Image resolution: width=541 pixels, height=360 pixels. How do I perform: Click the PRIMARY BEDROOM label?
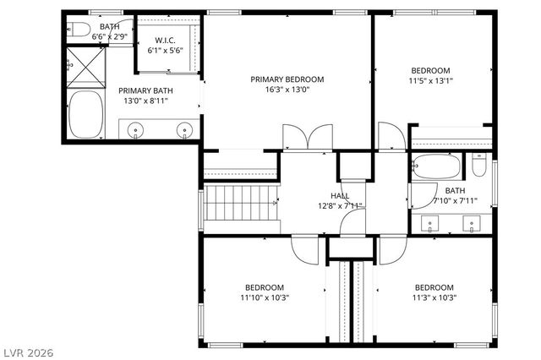pos(287,79)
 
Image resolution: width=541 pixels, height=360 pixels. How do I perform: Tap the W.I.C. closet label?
pos(166,41)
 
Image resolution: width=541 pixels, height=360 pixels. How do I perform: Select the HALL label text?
pos(341,195)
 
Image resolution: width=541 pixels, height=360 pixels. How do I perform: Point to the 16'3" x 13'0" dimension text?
pos(287,90)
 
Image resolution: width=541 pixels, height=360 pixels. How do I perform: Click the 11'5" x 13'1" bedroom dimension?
pos(431,81)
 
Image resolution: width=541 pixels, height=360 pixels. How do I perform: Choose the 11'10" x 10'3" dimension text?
pos(265,297)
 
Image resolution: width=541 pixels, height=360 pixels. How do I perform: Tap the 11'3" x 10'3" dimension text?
pos(434,297)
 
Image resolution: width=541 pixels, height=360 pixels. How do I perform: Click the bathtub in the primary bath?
pos(85,116)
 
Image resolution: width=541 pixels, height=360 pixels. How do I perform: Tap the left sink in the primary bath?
pos(136,130)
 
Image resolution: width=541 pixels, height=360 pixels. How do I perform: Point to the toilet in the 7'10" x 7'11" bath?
pos(479,166)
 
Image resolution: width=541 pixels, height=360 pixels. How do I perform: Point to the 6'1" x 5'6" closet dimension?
pos(166,51)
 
